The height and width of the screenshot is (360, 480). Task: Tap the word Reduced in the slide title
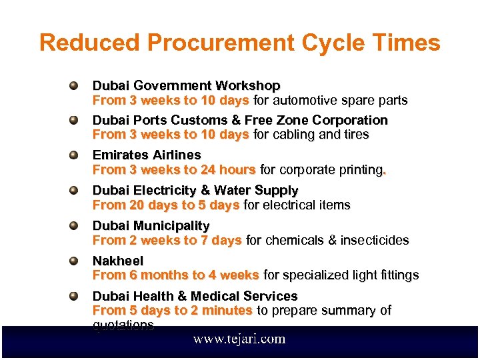[x=91, y=43]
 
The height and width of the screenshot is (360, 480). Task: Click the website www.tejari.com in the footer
[x=239, y=339]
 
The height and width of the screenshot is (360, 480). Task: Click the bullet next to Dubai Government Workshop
[x=75, y=86]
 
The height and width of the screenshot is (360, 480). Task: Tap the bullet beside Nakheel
[x=75, y=261]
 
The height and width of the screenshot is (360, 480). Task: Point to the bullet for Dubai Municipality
[x=75, y=226]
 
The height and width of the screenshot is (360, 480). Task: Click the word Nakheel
[x=118, y=261]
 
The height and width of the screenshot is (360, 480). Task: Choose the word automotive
[x=302, y=100]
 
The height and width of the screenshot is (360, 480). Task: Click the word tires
[x=355, y=135]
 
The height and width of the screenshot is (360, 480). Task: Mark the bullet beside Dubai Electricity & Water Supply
[x=75, y=191]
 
